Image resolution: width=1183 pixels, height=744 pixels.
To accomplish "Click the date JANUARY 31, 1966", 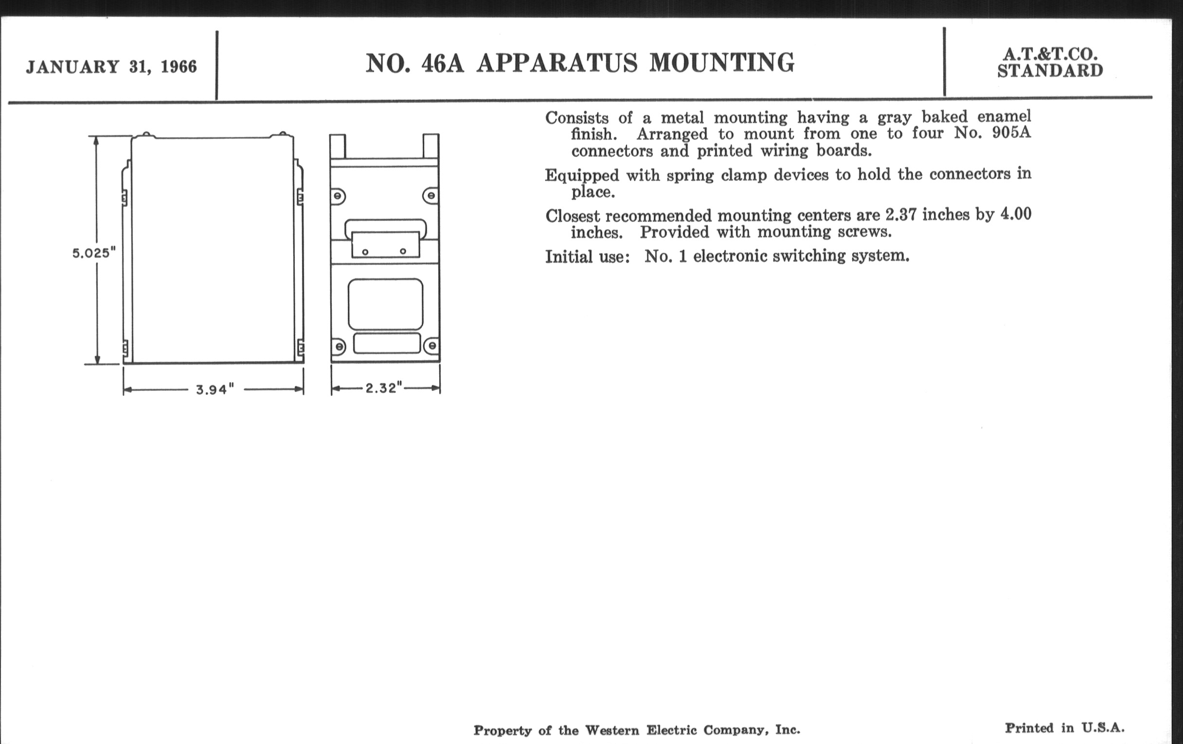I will tap(111, 67).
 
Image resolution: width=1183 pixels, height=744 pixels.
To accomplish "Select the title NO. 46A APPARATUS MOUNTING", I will tap(580, 63).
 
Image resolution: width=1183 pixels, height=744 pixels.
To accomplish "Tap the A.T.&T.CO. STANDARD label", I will tap(1050, 62).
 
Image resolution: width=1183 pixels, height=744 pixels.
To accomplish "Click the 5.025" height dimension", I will tap(94, 253).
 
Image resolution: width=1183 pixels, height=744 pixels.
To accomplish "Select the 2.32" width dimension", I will tap(384, 388).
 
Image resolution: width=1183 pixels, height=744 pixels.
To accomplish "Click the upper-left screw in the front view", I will tap(338, 196).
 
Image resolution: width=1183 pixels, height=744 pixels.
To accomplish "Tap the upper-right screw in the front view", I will tap(431, 196).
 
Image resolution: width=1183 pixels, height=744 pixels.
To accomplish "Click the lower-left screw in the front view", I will tap(339, 347).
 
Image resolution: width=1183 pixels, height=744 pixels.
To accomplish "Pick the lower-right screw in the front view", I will tap(432, 346).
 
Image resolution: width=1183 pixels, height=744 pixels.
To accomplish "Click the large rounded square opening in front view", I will tap(385, 304).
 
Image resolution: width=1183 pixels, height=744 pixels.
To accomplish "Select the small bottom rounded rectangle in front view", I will tap(387, 343).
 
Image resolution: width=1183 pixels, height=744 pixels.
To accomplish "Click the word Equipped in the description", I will tap(582, 176).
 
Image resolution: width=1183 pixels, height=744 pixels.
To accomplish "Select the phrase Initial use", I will tap(587, 256).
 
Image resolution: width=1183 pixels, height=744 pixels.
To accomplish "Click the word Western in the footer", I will tap(612, 730).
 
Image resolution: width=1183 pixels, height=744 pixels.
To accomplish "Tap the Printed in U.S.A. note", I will tap(1065, 728).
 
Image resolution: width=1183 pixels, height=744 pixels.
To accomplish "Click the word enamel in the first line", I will tap(1004, 116).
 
